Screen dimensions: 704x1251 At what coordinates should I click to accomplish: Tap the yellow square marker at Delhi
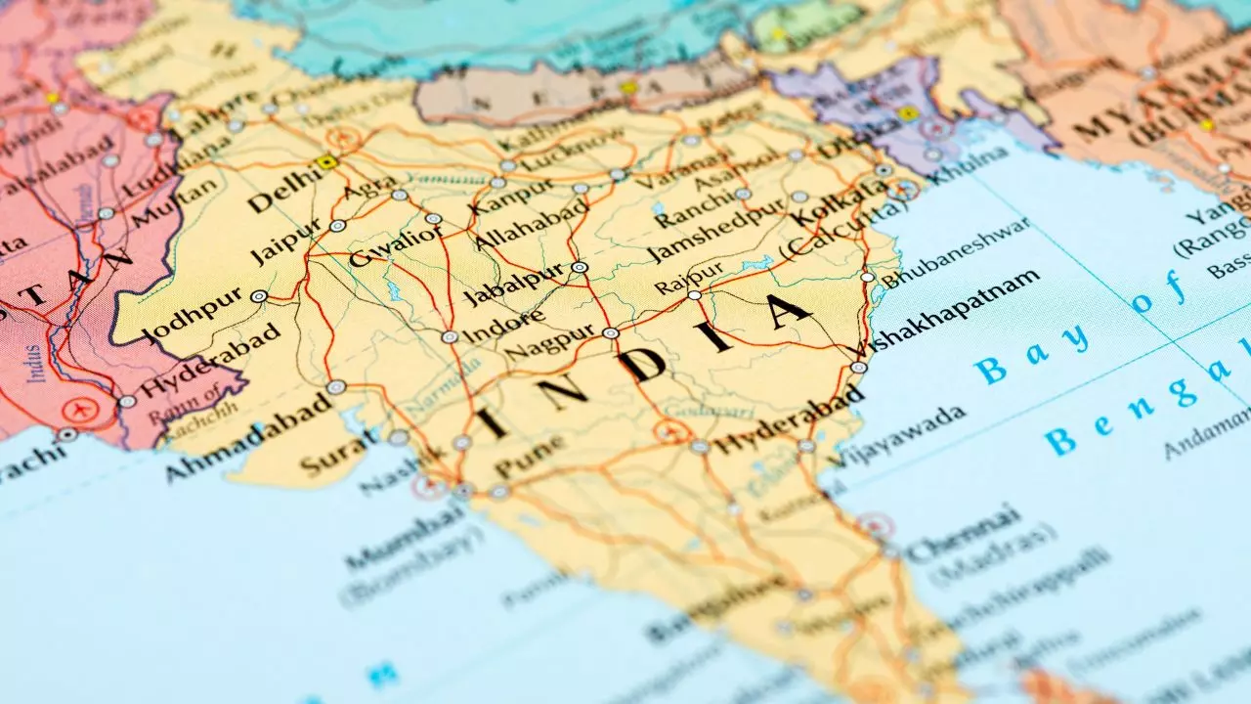pos(327,162)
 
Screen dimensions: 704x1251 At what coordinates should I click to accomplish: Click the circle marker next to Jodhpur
pos(259,295)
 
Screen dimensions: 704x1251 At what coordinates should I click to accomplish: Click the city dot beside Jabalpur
pos(580,266)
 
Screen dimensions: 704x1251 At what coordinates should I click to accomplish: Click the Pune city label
pos(529,458)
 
